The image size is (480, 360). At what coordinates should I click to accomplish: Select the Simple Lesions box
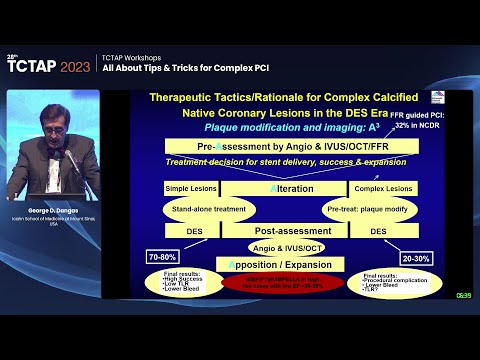coord(191,187)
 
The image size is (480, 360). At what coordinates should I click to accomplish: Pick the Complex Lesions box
coord(382,187)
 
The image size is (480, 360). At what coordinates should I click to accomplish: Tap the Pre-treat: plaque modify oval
coord(361,210)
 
